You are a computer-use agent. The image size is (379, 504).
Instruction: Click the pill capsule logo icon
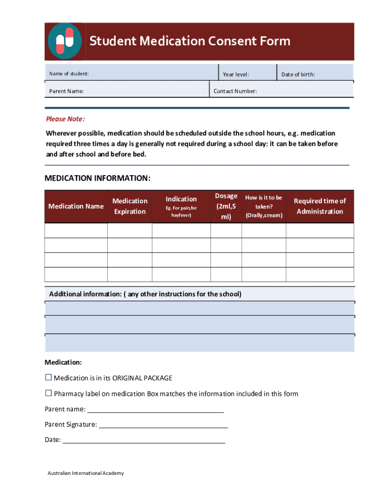coord(64,41)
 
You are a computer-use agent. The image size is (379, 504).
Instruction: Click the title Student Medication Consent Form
coord(189,41)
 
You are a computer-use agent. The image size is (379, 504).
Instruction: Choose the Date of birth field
coord(315,74)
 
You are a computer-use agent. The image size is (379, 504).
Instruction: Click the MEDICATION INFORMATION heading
coord(97,178)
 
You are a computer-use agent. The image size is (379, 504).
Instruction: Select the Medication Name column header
coord(76,206)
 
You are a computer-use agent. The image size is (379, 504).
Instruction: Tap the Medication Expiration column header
coord(130,206)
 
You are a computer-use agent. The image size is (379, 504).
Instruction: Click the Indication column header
coord(181,199)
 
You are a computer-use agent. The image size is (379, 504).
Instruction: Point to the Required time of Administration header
coord(319,206)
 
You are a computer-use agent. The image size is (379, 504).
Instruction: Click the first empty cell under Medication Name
coord(76,231)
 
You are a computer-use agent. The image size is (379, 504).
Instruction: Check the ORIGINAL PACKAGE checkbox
coord(48,378)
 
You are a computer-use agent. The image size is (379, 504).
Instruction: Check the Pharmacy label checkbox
coord(48,393)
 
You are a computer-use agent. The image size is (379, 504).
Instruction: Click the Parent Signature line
coord(163,424)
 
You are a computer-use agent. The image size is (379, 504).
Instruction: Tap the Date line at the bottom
coord(144,440)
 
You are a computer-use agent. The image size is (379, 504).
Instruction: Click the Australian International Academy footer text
coord(86,473)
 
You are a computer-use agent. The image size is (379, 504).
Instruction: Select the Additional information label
coord(145,294)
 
